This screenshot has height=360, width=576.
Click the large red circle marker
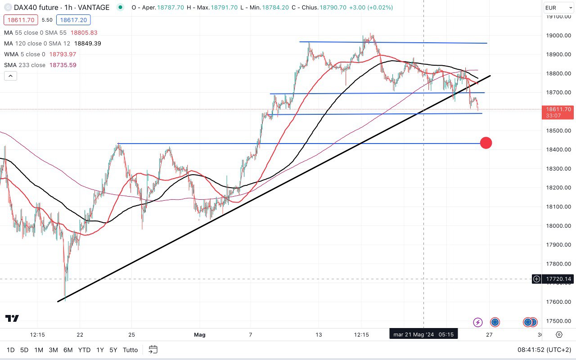486,143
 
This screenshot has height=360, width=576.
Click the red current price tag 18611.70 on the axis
558,109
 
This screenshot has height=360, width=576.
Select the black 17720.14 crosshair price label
558,279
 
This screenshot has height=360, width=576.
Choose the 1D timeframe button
10,350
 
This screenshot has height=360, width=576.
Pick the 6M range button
68,350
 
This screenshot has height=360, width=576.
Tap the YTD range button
84,350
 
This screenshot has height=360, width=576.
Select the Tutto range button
130,350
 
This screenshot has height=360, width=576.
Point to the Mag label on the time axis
199,334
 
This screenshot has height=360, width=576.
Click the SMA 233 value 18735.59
63,65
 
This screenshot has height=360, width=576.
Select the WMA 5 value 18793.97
63,54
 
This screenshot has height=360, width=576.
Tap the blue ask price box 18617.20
73,20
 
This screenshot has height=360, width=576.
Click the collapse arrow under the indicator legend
10,76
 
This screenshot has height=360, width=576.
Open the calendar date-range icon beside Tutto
153,350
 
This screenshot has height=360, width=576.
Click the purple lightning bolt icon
478,322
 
